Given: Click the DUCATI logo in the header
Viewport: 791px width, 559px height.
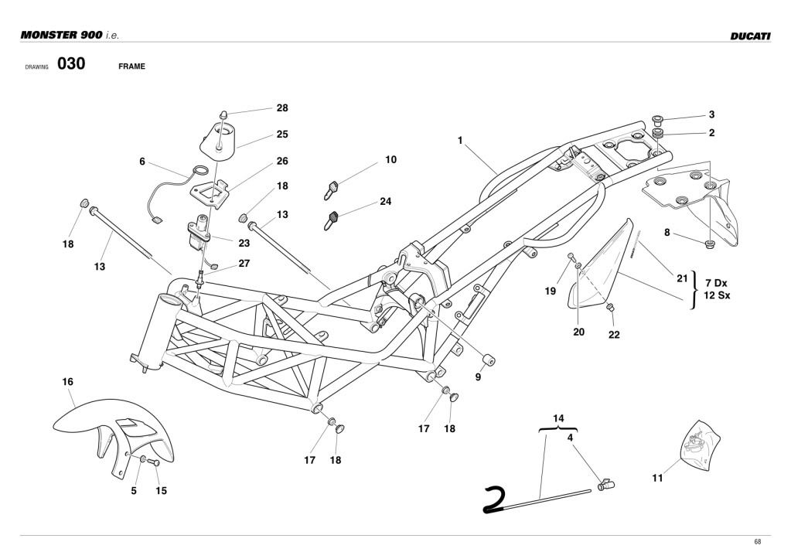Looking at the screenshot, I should coord(749,36).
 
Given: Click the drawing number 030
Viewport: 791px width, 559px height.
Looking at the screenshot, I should coord(70,65).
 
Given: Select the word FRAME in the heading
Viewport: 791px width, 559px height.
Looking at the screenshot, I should coord(131,66).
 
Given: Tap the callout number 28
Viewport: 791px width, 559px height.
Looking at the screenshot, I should coord(282,108).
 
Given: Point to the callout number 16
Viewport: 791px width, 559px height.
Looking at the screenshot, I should coord(68,382).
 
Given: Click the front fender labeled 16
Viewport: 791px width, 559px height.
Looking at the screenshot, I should coord(108,433).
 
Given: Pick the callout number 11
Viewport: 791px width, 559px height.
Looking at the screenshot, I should coord(657,479).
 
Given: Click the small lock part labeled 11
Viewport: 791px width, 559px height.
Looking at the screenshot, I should coord(700,446).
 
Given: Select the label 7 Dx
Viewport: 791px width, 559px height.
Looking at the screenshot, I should coord(716,283).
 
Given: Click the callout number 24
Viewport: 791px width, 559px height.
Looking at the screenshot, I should coord(385,202).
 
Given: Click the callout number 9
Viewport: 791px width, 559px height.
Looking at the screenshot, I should coord(478,377).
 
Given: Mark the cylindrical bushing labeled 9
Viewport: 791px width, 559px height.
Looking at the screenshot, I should coord(489,360).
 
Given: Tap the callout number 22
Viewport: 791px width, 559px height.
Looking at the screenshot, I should coord(614,335).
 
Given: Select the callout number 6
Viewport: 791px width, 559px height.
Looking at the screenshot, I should coord(142,162).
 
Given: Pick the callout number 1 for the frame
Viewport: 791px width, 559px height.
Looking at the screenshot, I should coord(460,141).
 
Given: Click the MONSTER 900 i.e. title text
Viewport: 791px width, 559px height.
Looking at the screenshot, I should coord(70,36).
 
